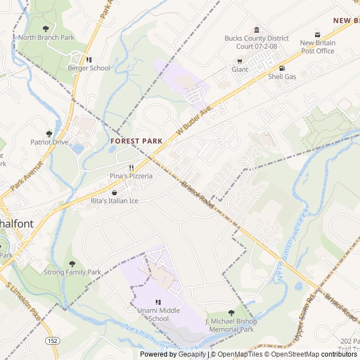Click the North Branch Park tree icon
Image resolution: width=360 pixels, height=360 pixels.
(46, 29)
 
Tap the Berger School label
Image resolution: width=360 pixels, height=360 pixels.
(89, 68)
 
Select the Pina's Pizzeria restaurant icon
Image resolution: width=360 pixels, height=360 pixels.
(131, 168)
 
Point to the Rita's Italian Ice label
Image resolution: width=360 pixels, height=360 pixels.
(114, 200)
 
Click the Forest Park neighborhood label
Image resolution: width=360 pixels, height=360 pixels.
(137, 141)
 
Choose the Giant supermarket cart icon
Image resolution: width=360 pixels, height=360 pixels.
(240, 61)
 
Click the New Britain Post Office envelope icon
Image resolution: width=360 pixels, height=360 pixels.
(317, 35)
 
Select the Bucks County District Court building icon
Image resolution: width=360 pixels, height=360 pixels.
(256, 30)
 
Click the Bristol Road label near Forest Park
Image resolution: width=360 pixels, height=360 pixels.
(197, 194)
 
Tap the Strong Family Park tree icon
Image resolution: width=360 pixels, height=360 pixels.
(72, 264)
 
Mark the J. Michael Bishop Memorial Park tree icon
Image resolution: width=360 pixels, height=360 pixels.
(231, 313)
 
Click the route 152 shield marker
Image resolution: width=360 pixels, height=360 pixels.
(52, 341)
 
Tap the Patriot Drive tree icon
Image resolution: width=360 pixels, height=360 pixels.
(49, 134)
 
